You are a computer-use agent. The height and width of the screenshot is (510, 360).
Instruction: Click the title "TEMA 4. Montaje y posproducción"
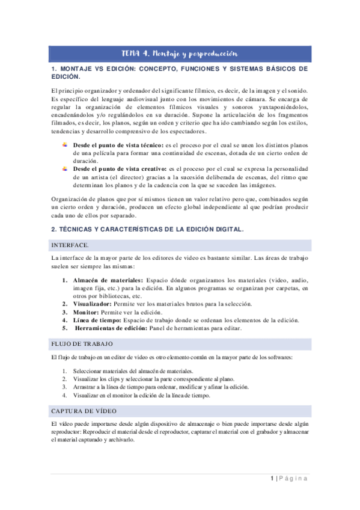180,54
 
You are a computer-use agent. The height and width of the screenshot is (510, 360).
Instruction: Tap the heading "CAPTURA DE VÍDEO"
84,410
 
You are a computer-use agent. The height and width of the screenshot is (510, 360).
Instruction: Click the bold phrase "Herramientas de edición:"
112,329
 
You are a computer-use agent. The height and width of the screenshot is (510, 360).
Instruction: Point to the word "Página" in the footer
293,479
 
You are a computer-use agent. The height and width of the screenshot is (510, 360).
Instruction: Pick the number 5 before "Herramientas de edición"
65,329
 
